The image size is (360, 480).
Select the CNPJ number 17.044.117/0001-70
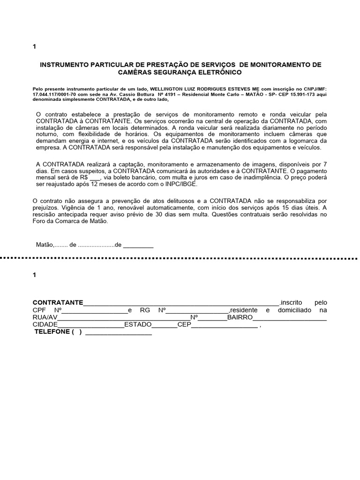point(55,94)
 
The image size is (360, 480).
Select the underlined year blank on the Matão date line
point(138,245)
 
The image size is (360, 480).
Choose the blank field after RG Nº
point(197,310)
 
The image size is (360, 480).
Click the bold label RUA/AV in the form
point(45,318)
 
